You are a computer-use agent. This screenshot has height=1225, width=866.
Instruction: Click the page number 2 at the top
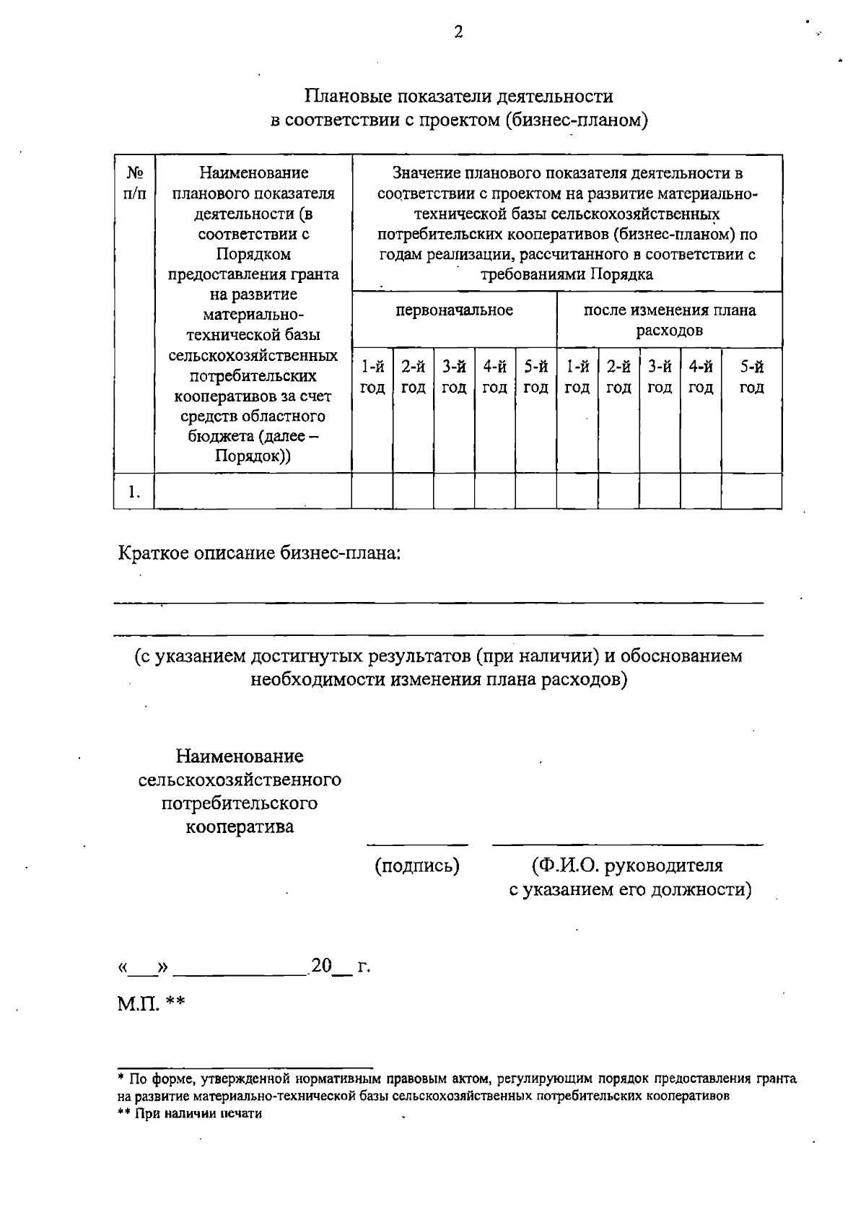coord(458,32)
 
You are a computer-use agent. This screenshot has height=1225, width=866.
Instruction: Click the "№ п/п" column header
coord(134,183)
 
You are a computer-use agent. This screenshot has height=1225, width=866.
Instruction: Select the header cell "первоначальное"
coord(454,310)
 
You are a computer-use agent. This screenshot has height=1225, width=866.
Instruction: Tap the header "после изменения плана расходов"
coord(669,320)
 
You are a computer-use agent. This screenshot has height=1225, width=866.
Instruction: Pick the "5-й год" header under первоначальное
coord(535,377)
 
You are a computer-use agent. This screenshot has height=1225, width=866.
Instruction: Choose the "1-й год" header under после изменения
coord(577,377)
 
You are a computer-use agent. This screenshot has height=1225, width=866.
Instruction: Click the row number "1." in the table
coord(134,492)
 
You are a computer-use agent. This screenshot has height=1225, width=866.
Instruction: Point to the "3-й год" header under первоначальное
coord(454,377)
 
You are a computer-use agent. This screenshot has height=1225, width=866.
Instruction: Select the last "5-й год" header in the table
coord(751,377)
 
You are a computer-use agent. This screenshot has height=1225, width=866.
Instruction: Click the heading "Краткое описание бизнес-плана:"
coord(259,554)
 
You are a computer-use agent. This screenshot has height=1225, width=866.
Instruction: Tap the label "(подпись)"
coord(416,866)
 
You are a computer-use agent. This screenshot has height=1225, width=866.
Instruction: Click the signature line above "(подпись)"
coord(416,844)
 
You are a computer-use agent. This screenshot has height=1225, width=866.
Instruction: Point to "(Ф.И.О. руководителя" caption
coord(627,866)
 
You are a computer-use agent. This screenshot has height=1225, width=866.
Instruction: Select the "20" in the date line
coord(320,966)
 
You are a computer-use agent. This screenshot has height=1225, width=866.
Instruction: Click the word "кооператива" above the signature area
coord(240,827)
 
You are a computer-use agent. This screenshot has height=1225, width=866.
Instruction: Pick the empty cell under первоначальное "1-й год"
coord(372,492)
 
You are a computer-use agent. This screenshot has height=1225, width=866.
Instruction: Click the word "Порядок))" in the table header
coord(253,457)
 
